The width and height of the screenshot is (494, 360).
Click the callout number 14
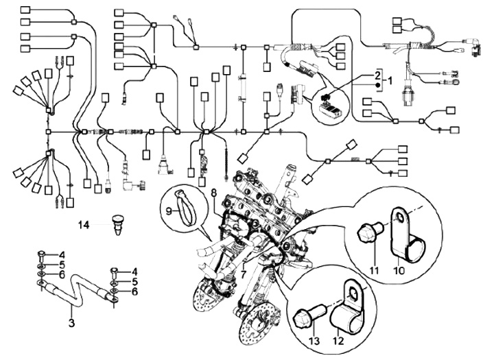84,224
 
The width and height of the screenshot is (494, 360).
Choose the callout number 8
214,193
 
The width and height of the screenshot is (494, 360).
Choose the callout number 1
390,80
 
